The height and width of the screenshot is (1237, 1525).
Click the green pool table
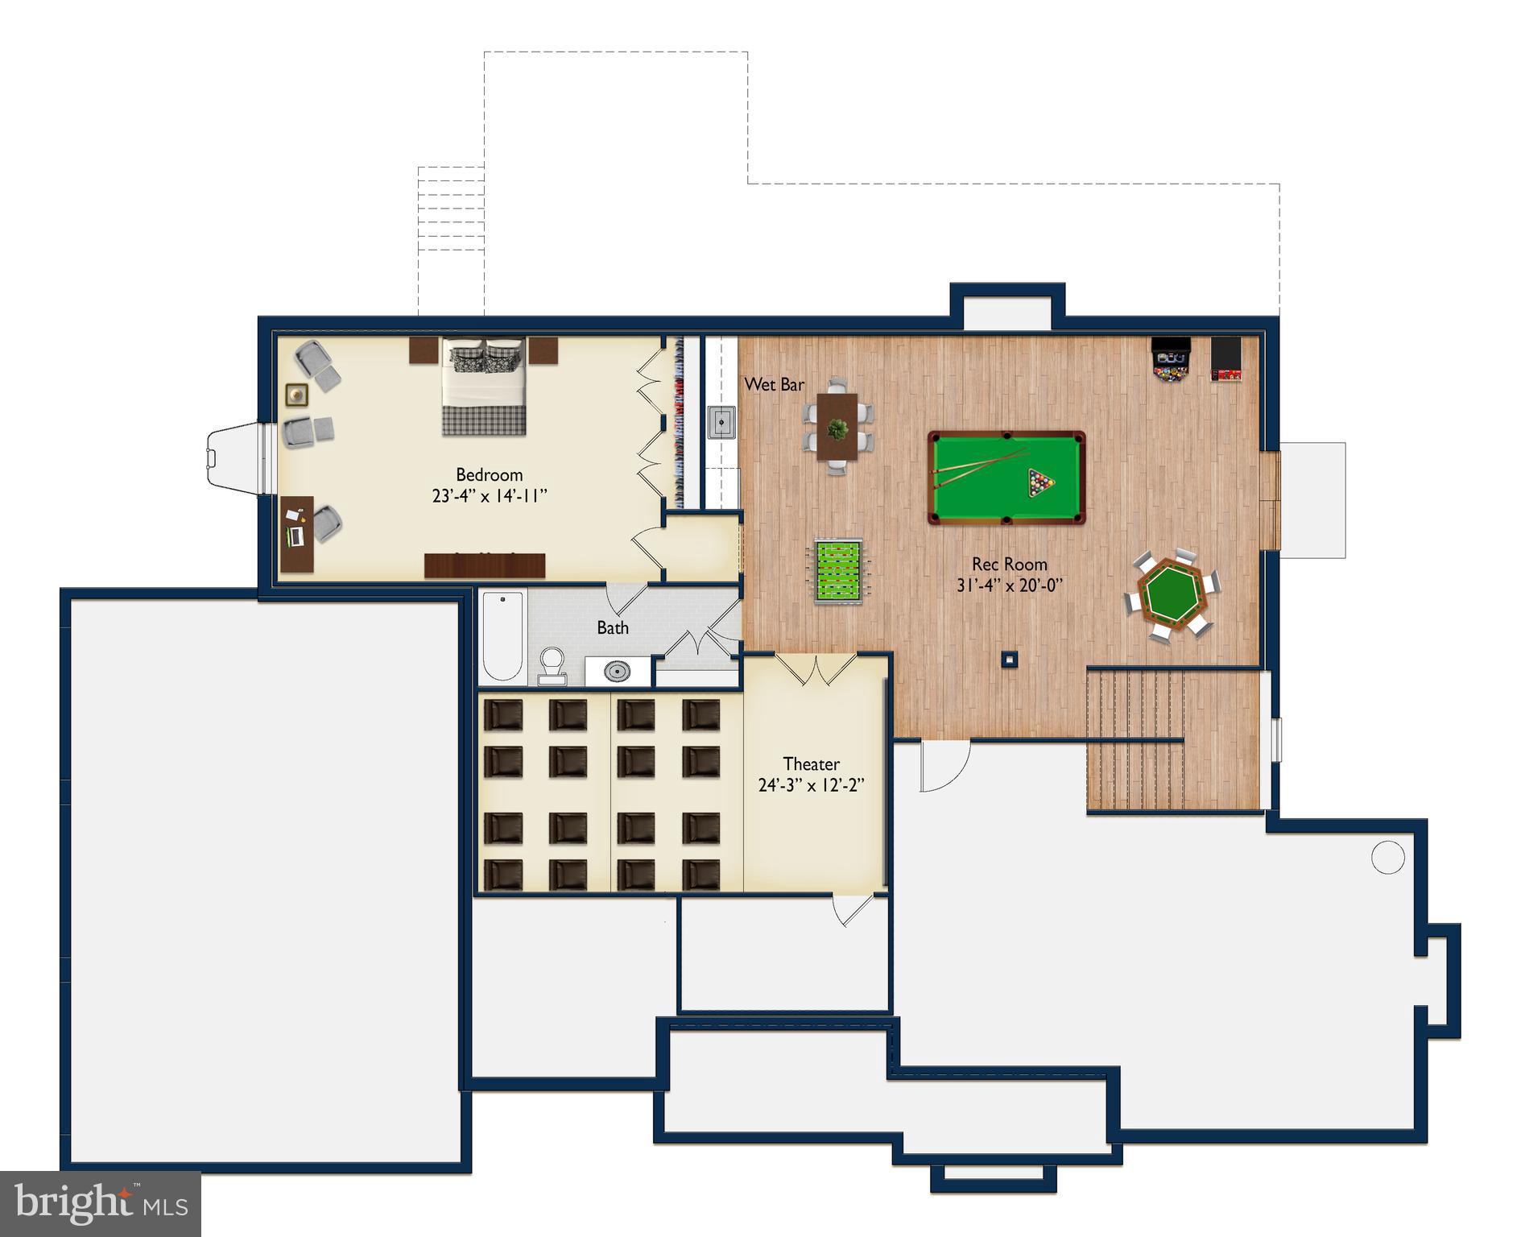coord(1006,478)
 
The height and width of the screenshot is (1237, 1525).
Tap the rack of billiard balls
coord(1040,483)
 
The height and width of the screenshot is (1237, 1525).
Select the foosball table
coord(838,570)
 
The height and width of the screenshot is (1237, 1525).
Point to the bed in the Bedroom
coord(484,387)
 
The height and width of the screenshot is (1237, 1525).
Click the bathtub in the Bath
coord(503,636)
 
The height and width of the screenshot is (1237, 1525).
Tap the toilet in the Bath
coord(552,665)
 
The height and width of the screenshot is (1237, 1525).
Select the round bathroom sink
coord(618,670)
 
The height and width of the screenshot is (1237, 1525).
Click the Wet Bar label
coord(774,385)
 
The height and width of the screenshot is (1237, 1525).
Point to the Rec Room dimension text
coord(1010,585)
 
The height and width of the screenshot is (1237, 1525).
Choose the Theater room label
coord(811,763)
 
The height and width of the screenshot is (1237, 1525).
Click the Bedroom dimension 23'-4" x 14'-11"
coord(490,496)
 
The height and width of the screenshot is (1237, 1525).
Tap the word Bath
coord(613,627)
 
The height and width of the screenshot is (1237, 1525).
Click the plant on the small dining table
coord(838,429)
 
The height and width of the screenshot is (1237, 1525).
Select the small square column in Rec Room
coord(1010,660)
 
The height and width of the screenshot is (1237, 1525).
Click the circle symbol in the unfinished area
coord(1387,857)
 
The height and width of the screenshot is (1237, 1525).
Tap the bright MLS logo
coord(101,1204)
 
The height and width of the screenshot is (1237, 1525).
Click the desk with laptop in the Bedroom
coord(297,533)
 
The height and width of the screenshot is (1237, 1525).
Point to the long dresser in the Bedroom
coord(485,565)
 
